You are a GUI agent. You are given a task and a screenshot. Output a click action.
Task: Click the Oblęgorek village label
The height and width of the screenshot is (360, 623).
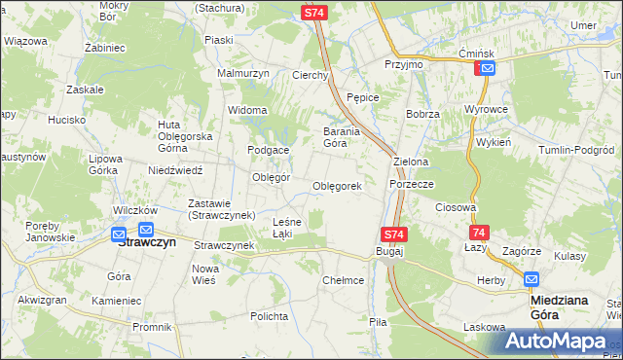click(337, 186)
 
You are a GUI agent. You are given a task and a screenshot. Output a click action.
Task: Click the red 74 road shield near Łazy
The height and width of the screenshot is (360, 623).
click(478, 234)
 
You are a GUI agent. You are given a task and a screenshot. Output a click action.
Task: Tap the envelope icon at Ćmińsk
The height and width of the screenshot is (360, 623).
click(487, 68)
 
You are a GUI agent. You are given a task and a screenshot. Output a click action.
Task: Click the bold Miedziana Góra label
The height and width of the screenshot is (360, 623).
click(559, 307)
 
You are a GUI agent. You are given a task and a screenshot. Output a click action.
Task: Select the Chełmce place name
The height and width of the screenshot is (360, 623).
click(343, 280)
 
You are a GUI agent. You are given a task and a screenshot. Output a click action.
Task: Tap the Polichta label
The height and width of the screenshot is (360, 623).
click(268, 317)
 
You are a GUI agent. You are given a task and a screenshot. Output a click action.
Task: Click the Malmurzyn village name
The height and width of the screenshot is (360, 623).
click(242, 73)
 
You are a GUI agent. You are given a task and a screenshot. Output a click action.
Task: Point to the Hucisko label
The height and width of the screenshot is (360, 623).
click(66, 120)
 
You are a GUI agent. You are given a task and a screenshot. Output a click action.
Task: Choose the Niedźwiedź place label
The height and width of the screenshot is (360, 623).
click(175, 169)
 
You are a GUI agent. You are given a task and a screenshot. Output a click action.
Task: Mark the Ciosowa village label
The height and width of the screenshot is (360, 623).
click(456, 207)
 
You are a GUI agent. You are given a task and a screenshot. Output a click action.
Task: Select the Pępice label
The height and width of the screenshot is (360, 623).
click(363, 97)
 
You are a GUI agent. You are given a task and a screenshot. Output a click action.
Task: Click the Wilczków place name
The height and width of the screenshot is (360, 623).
click(135, 210)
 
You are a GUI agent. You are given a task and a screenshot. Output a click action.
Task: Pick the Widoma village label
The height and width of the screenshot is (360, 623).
click(246, 110)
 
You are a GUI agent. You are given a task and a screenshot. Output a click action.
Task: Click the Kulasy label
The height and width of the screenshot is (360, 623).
click(569, 255)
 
